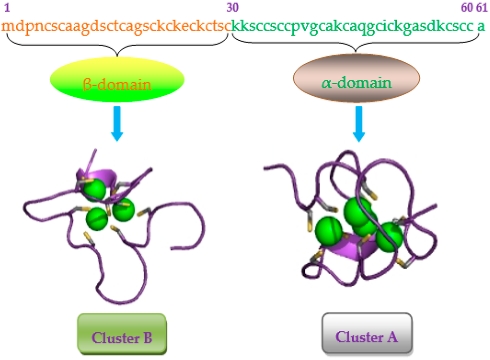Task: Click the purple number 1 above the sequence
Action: point(7,8)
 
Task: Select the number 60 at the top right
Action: point(467,8)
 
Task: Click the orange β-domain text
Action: point(117,85)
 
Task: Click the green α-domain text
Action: point(356,84)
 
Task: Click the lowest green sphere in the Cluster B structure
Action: point(97,218)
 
